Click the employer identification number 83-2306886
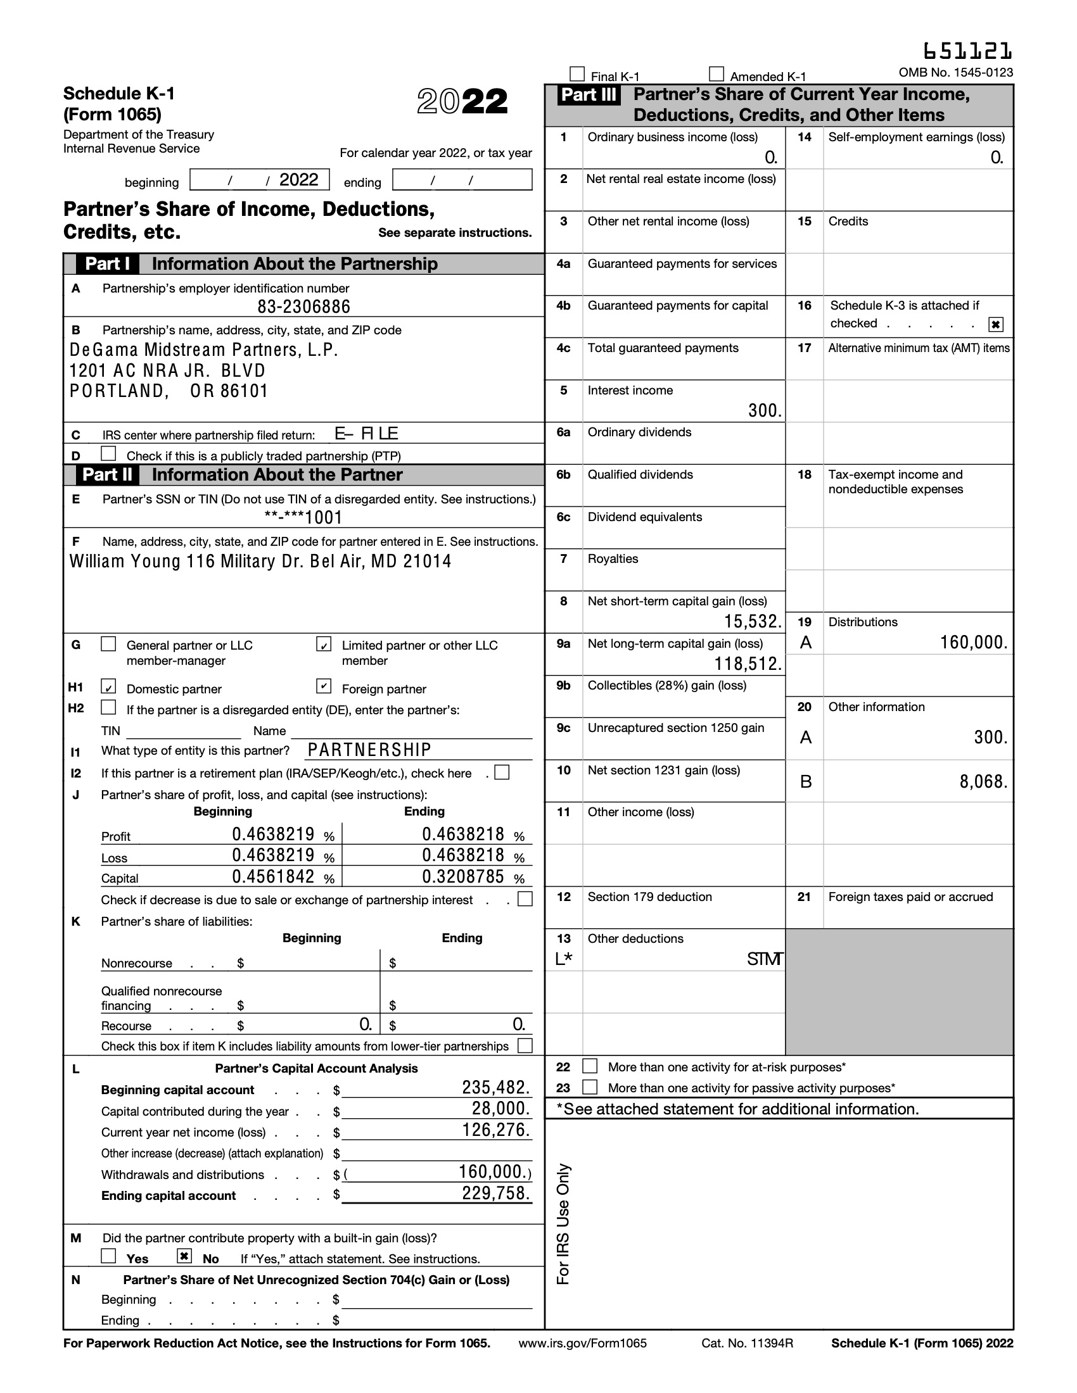(303, 307)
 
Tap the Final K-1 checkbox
(577, 75)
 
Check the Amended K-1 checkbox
(717, 75)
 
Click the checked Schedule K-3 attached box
(995, 325)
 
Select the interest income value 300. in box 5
(765, 410)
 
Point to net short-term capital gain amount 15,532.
(752, 621)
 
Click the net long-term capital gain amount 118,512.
(747, 664)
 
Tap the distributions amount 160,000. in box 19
(973, 642)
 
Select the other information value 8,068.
(983, 781)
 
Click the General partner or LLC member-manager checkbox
(108, 644)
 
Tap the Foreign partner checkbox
(324, 686)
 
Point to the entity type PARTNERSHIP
(369, 750)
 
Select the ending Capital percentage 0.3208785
(462, 877)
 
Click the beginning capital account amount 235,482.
(496, 1087)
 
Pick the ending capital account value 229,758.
(496, 1194)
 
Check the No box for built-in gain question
(184, 1256)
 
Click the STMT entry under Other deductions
(765, 959)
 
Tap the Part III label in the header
(589, 95)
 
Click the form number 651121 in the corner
(967, 51)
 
